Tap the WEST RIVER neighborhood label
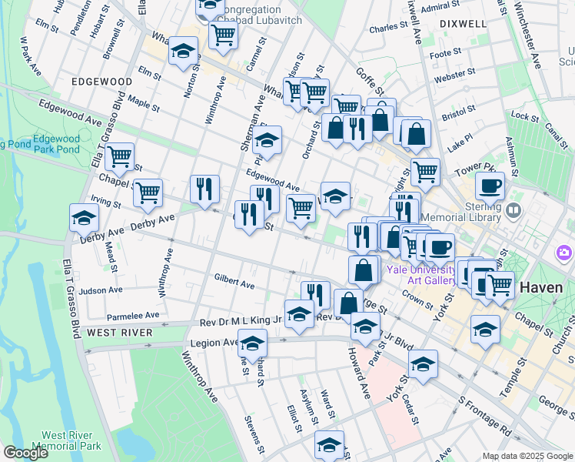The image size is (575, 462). (119, 333)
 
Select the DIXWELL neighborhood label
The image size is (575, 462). (464, 24)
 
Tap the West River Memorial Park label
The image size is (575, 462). (71, 440)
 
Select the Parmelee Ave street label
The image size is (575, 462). (133, 316)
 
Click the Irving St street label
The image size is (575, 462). (106, 202)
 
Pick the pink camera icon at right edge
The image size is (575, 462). (565, 252)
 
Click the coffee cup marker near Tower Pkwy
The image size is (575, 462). (490, 186)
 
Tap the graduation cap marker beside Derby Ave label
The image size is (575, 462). (84, 218)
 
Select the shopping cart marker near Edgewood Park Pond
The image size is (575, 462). (119, 157)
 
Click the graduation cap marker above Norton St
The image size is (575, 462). (183, 51)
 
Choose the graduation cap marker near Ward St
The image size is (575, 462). (329, 444)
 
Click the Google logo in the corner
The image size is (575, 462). (25, 453)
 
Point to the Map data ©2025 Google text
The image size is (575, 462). (527, 456)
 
